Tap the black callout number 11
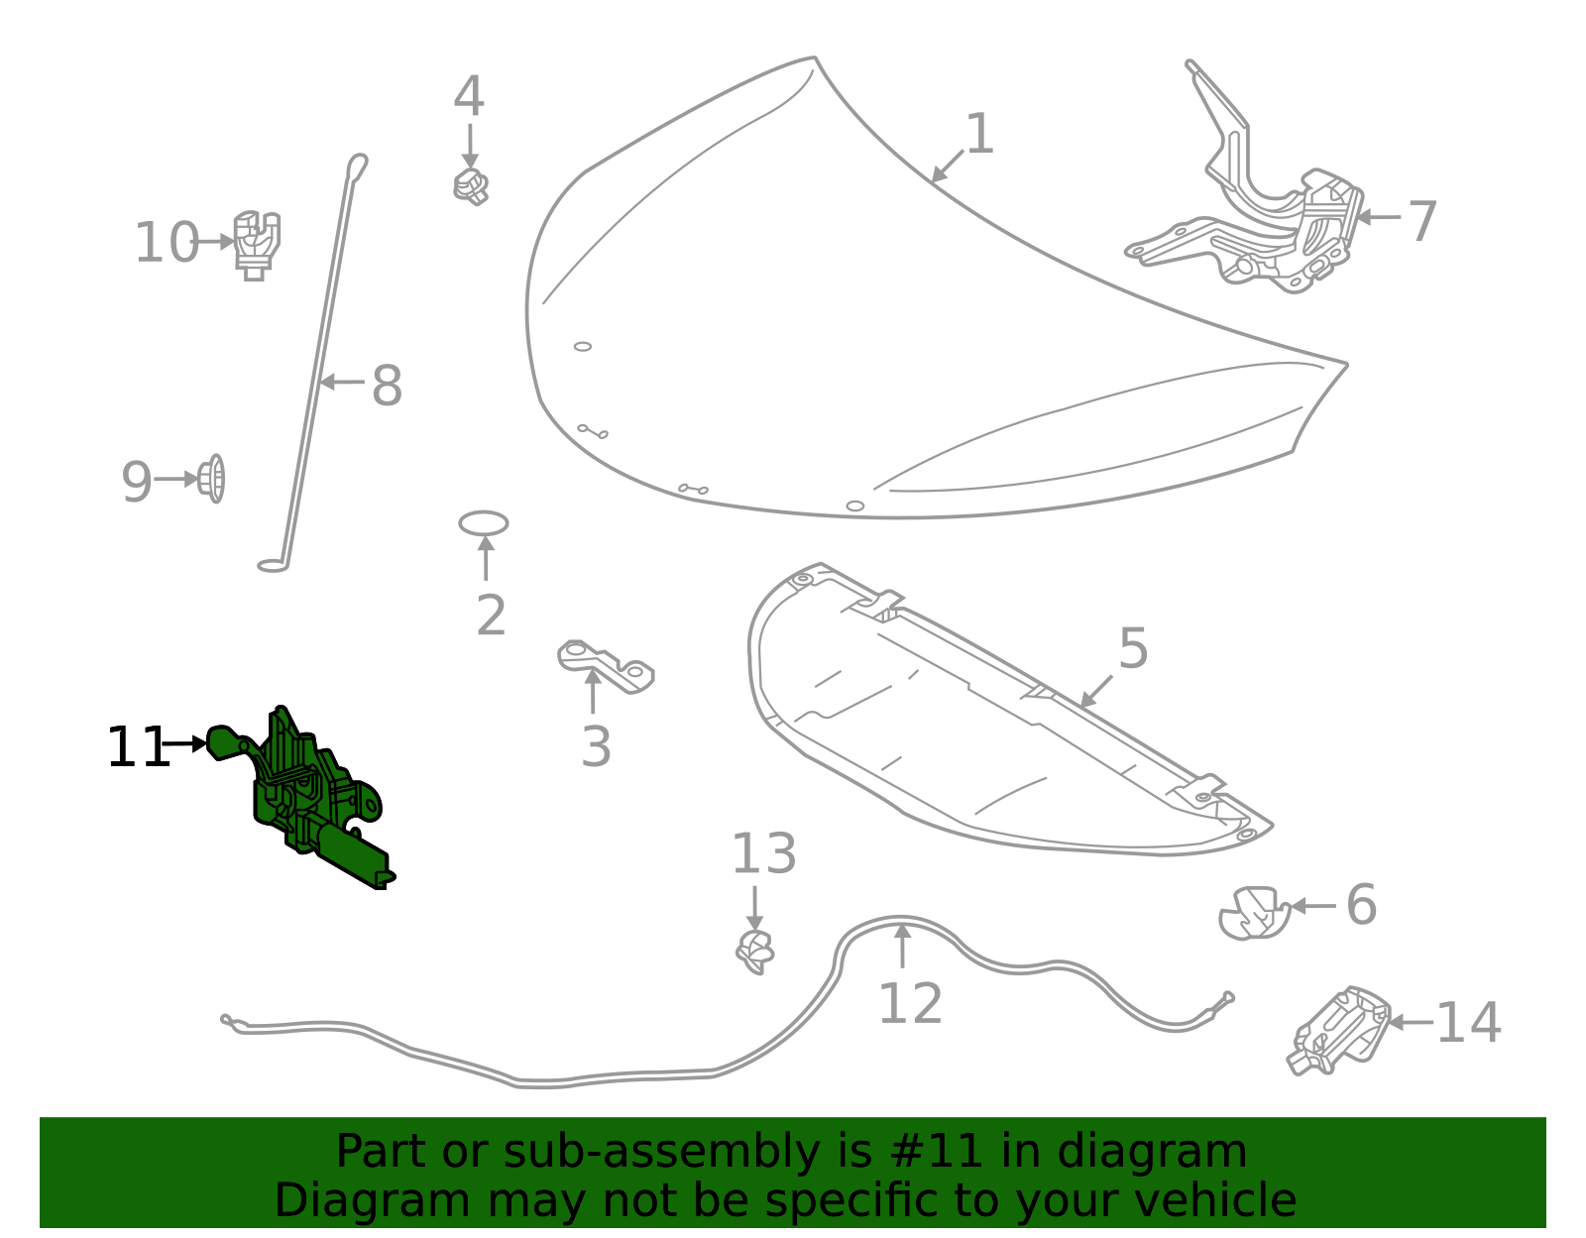click(x=138, y=747)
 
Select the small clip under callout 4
click(x=471, y=186)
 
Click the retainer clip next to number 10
click(x=257, y=244)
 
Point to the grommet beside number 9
click(x=212, y=479)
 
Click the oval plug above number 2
click(x=484, y=523)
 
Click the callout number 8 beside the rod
click(x=387, y=386)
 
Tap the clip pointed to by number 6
click(x=1253, y=913)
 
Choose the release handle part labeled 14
click(x=1338, y=1031)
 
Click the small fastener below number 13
click(x=755, y=952)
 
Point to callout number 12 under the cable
click(x=910, y=1004)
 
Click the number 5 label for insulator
click(x=1133, y=648)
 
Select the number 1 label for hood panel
click(x=979, y=134)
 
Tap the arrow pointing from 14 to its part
click(x=1410, y=1022)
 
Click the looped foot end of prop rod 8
click(x=272, y=566)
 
